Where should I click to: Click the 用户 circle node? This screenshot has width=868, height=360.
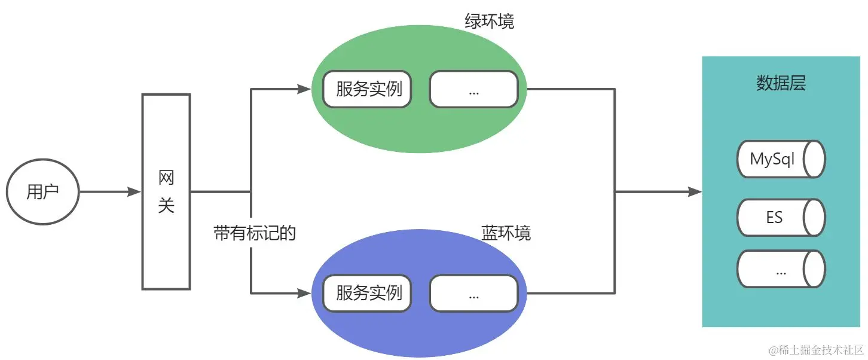[43, 193]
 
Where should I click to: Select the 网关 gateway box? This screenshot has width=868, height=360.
[166, 192]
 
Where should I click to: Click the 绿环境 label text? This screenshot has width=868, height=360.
[489, 22]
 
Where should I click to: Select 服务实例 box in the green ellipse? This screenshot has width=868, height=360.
[367, 90]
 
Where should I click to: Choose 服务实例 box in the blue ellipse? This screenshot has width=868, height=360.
[367, 294]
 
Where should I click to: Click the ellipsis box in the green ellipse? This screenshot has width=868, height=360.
[473, 90]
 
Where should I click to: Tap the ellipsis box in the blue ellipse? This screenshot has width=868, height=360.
[473, 294]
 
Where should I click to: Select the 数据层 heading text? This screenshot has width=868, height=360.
[781, 84]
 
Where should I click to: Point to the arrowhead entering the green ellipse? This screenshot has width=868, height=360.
[304, 90]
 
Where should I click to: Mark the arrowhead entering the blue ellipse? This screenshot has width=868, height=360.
[304, 294]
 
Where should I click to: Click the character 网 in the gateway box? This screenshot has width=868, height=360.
[166, 178]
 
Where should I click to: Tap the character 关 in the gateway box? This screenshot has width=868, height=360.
[166, 206]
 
